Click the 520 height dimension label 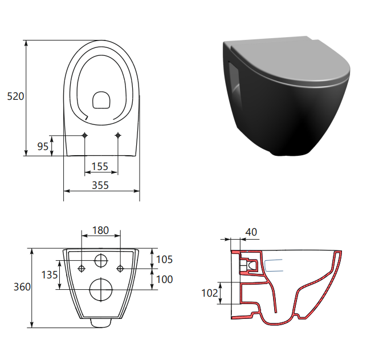click(x=15, y=96)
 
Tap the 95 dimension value click(x=43, y=146)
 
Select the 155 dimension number click(x=100, y=167)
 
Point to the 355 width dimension click(x=100, y=185)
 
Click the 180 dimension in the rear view click(x=100, y=230)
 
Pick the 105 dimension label click(x=164, y=260)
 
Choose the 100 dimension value click(x=164, y=280)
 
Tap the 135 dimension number click(x=50, y=275)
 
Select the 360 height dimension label click(x=22, y=287)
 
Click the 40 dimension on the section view click(x=251, y=232)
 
